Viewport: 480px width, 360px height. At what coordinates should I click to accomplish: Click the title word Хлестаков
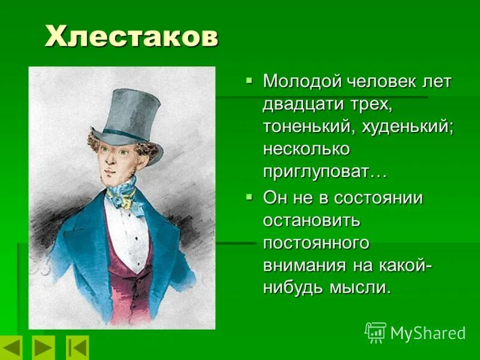[131, 37]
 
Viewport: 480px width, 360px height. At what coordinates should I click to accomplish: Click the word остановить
[311, 220]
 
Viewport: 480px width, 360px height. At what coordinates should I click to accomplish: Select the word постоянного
[315, 242]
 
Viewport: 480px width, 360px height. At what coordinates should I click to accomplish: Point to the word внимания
[303, 265]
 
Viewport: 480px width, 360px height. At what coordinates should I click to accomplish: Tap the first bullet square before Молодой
[250, 80]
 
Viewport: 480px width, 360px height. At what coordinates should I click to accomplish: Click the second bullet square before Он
[250, 196]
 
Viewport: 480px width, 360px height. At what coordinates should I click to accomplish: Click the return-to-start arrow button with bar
[77, 347]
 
